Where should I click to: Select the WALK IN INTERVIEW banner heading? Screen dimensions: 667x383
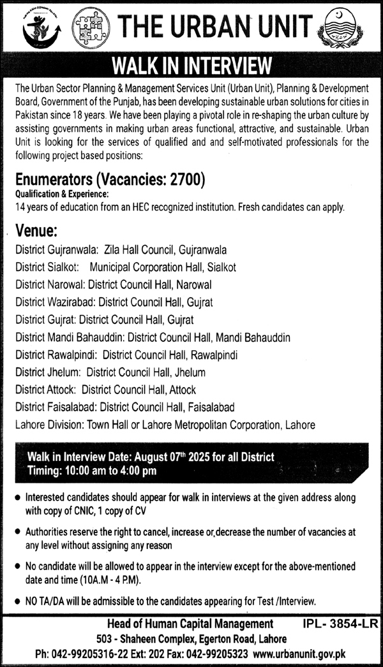click(191, 66)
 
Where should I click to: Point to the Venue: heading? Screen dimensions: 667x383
click(37, 230)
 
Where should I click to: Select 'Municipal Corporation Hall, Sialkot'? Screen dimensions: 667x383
click(163, 267)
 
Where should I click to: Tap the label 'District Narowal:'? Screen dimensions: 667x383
click(50, 284)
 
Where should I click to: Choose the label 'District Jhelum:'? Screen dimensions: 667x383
click(49, 372)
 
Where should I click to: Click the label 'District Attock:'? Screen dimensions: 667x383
click(46, 389)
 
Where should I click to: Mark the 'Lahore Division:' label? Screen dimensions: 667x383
click(50, 424)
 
